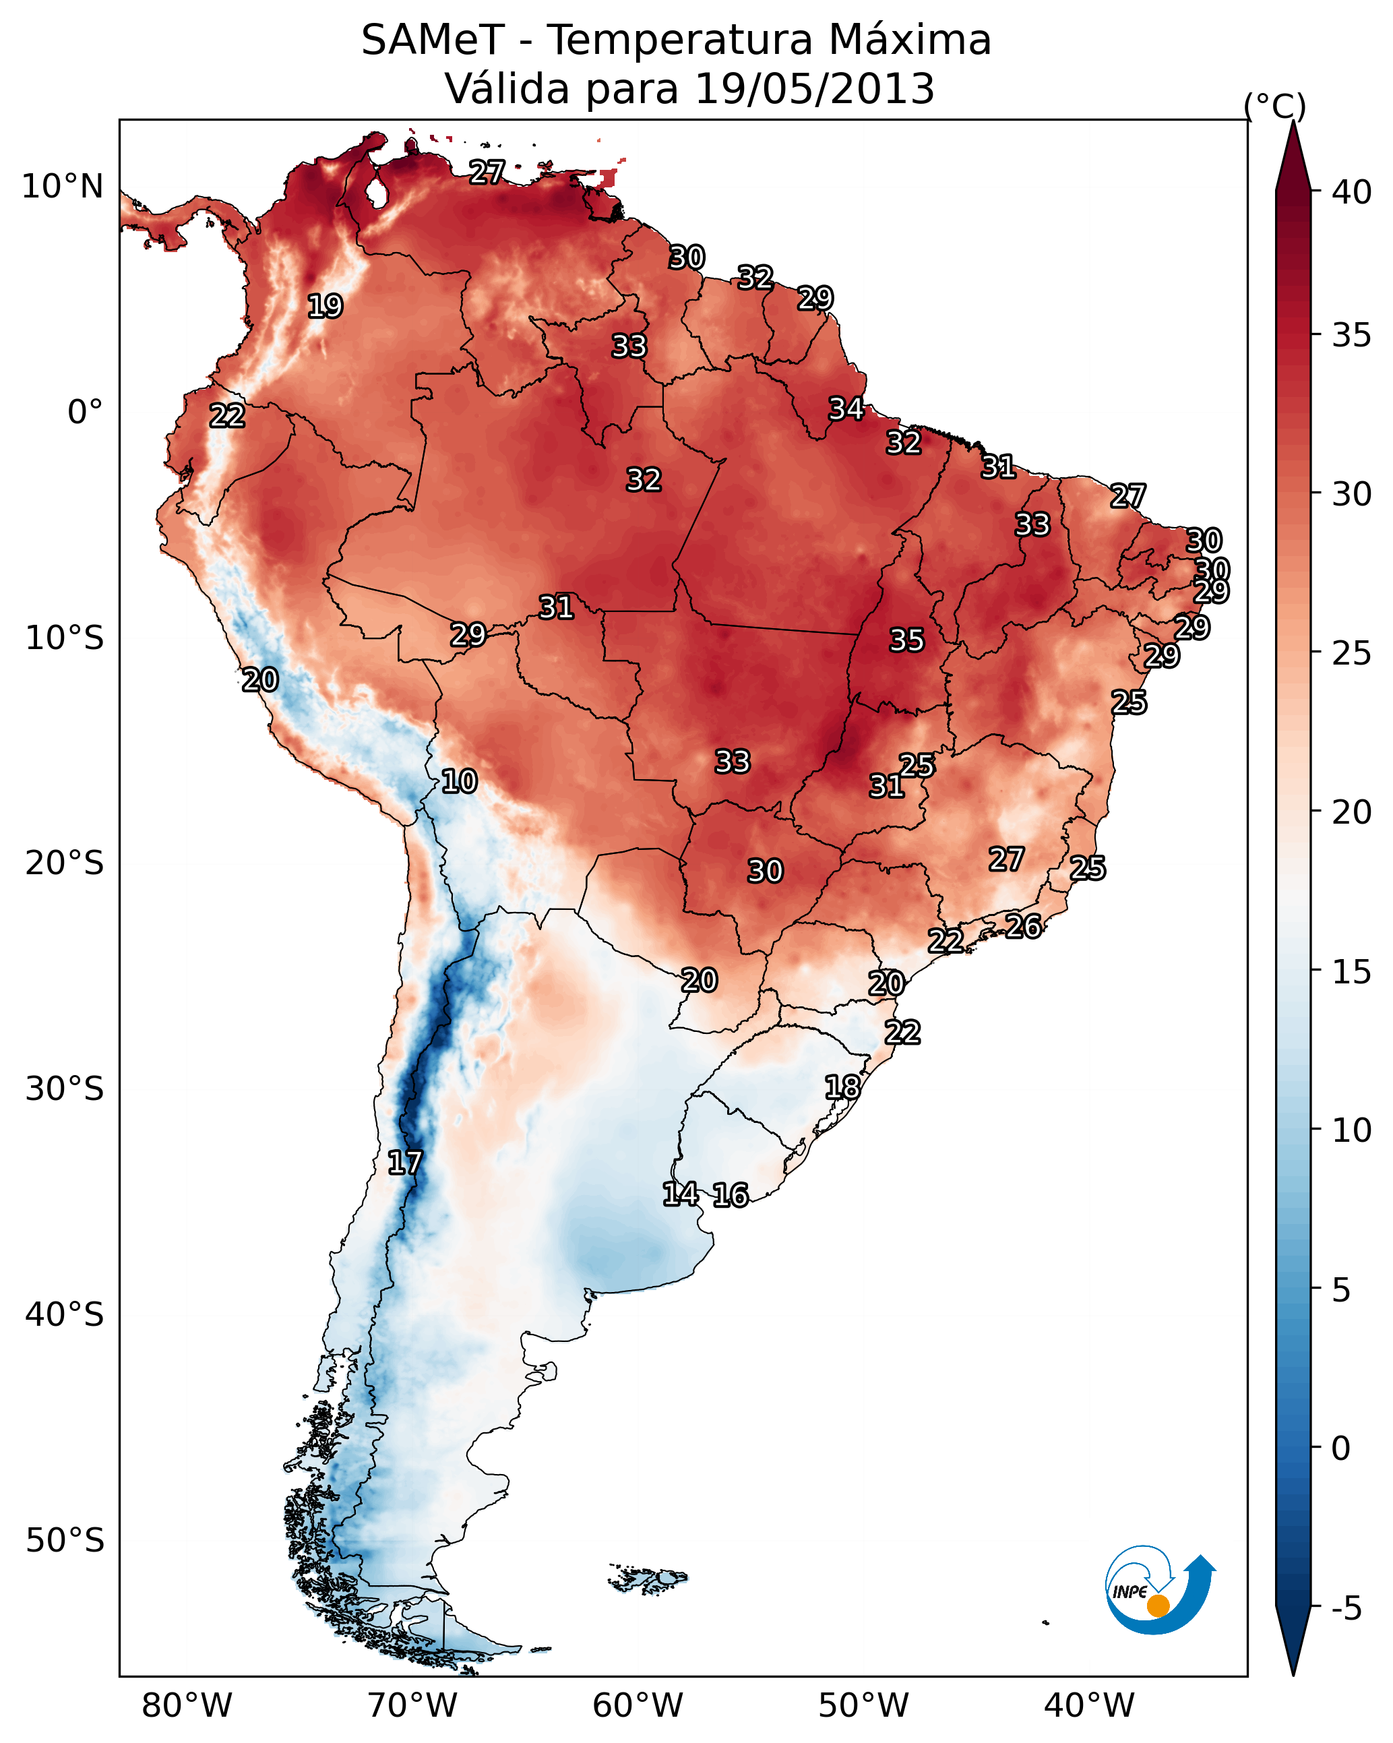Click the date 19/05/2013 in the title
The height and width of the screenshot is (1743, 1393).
tap(814, 89)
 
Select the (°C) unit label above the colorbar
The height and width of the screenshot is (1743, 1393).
tap(1274, 106)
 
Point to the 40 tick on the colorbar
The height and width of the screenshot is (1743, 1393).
tap(1352, 192)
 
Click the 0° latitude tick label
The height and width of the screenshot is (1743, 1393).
tap(85, 412)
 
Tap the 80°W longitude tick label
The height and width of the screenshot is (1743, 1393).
tap(187, 1706)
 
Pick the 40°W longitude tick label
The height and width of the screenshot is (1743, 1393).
tap(1089, 1706)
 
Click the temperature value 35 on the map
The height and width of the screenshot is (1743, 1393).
tap(906, 640)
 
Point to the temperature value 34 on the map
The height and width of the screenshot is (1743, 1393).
tap(846, 409)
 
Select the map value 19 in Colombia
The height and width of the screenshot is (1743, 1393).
tap(325, 307)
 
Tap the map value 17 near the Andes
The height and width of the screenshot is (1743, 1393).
tap(404, 1163)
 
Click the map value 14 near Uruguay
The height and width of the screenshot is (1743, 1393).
tap(680, 1194)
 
